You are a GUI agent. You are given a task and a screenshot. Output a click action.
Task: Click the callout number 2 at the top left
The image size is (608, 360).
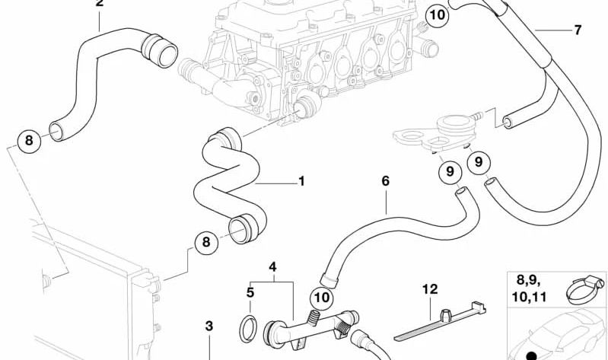click(99, 4)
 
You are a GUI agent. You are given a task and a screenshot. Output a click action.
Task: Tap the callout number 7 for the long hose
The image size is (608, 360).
click(577, 30)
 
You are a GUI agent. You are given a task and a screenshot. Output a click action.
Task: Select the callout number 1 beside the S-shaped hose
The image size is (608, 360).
click(301, 181)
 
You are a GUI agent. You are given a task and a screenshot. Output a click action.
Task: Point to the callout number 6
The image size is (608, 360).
click(385, 181)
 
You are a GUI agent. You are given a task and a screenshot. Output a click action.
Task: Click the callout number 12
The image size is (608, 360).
click(431, 288)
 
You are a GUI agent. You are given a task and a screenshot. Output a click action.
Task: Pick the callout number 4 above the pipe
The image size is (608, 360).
click(272, 266)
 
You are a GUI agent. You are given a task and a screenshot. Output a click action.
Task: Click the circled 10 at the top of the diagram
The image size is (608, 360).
click(438, 14)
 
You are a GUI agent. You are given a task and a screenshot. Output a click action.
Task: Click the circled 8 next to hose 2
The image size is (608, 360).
click(29, 140)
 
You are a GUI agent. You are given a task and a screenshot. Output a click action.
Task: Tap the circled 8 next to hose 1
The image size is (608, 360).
click(205, 243)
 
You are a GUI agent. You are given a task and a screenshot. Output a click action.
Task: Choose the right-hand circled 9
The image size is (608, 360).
click(479, 161)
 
